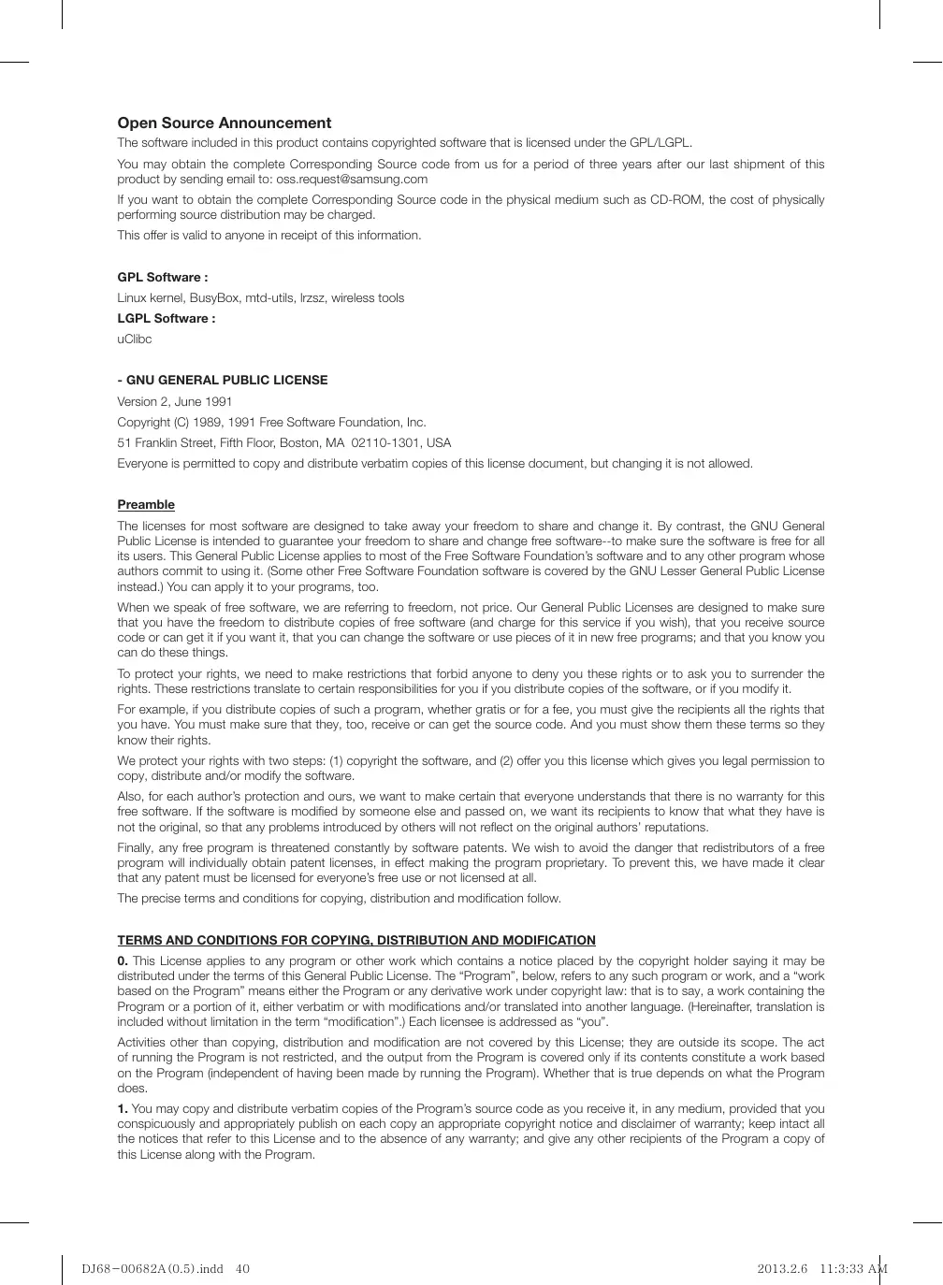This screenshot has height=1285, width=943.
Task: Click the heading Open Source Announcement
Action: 224,123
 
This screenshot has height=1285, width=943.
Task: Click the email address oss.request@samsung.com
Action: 352,180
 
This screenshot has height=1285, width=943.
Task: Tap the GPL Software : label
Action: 163,278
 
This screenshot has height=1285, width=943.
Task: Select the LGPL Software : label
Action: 167,319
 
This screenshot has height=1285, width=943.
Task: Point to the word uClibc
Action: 135,339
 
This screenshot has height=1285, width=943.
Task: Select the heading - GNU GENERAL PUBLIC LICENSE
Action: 223,381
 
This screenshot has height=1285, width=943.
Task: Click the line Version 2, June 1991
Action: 175,402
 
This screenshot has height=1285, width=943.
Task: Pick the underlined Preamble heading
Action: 146,505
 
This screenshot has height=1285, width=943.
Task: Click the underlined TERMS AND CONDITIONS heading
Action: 356,941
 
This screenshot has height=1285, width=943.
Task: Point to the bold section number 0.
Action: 123,961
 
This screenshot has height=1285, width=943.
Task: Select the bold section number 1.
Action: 123,1109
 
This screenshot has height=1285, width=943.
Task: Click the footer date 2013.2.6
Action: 782,1269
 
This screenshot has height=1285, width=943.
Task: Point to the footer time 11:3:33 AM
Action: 853,1269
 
